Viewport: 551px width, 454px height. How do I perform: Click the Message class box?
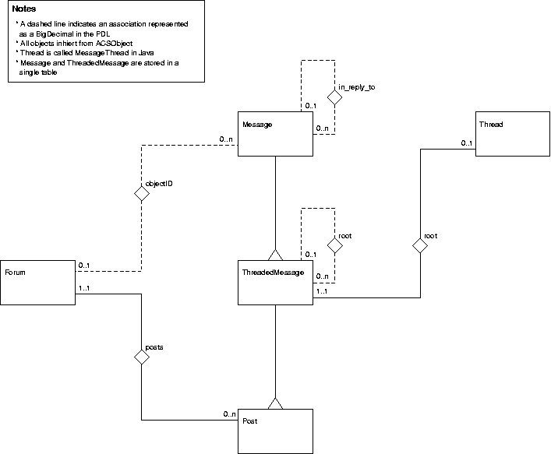pos(275,133)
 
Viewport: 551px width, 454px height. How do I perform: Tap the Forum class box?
pos(37,282)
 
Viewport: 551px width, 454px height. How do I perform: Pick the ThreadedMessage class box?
pos(275,281)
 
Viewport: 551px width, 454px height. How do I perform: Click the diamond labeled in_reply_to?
pos(334,98)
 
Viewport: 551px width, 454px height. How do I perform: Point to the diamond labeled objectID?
pos(141,193)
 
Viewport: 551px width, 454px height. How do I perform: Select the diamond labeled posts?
pos(141,357)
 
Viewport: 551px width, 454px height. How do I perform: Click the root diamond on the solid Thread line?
pos(420,245)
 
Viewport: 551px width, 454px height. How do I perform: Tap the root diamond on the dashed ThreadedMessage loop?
pos(334,245)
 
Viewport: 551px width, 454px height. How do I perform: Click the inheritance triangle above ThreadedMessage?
pos(275,253)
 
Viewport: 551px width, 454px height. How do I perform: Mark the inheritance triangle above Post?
pos(275,402)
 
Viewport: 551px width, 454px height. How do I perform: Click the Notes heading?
pos(24,9)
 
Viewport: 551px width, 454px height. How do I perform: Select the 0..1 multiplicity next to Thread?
pos(466,143)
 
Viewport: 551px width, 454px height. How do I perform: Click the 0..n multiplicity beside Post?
pos(229,414)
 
